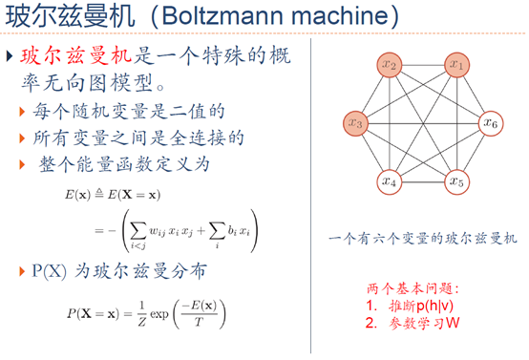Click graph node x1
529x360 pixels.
coord(456,66)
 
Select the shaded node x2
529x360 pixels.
coord(390,66)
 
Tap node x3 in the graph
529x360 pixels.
coord(356,122)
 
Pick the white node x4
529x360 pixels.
coord(390,180)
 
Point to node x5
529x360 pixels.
coord(456,180)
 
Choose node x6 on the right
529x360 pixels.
coord(489,122)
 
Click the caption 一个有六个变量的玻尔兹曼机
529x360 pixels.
coord(421,236)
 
